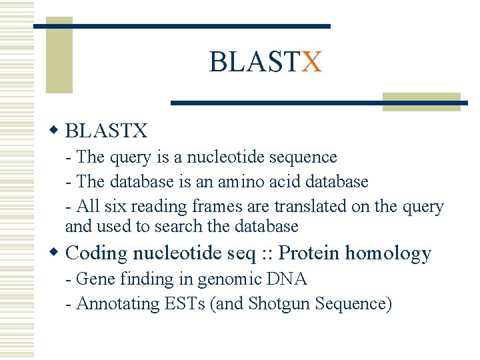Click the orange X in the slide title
[x=311, y=62]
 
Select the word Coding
[x=97, y=253]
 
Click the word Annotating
[x=117, y=304]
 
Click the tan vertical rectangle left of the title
[x=59, y=59]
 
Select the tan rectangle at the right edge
[x=421, y=101]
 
